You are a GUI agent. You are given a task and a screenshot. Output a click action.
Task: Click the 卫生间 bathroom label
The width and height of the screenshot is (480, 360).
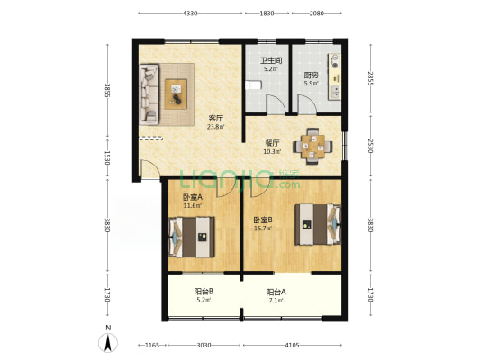(x=271, y=60)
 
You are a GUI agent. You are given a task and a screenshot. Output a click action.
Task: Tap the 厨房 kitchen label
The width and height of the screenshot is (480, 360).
(x=311, y=75)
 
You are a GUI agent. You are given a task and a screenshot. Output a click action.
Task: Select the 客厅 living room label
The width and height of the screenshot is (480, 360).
(x=215, y=118)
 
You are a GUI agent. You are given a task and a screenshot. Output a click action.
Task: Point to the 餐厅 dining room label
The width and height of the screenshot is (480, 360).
(x=272, y=143)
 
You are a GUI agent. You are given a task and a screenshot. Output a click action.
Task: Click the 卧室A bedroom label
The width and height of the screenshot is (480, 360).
(x=193, y=197)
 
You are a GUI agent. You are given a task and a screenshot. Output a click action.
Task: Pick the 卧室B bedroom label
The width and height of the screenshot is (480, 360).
(x=263, y=220)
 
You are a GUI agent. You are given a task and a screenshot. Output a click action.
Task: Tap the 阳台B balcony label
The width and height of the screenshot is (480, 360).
(x=204, y=292)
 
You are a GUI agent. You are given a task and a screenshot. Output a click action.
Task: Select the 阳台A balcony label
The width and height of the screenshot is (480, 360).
(x=276, y=292)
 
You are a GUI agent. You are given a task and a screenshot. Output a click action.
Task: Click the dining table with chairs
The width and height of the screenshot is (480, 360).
(x=312, y=146)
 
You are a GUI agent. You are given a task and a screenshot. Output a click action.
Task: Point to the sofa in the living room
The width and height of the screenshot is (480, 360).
(x=149, y=94)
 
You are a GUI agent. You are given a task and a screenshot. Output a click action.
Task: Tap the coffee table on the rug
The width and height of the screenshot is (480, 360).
(x=176, y=94)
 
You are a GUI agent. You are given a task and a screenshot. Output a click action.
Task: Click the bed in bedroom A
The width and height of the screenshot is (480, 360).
(x=191, y=237)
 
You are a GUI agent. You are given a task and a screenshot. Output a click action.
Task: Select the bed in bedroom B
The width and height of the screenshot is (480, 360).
(x=318, y=224)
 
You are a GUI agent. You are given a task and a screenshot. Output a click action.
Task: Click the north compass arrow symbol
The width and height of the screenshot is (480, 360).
(x=108, y=343)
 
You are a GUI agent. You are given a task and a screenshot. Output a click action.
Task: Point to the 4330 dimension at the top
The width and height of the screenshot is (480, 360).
(x=190, y=13)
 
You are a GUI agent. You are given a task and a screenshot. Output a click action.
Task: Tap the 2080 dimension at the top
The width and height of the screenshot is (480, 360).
(x=316, y=13)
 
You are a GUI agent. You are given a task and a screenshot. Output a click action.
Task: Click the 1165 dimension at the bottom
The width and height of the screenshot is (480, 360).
(x=152, y=346)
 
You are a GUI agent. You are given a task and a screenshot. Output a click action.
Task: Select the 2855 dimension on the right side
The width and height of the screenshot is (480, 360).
(x=371, y=79)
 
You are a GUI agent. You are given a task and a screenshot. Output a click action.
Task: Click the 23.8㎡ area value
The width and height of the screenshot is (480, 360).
(x=215, y=127)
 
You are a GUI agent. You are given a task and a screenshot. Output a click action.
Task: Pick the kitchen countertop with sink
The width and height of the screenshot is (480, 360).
(x=334, y=76)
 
